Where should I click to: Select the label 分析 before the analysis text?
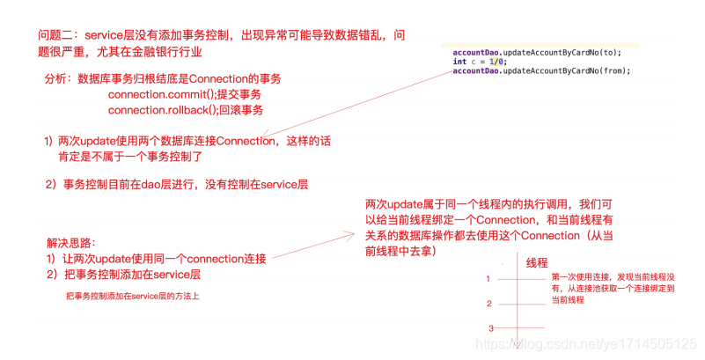[57, 78]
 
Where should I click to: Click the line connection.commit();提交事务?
[185, 94]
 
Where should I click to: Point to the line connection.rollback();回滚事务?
[185, 110]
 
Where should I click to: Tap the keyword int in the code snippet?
[459, 62]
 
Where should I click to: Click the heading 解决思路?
[71, 242]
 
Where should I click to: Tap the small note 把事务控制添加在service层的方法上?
[133, 296]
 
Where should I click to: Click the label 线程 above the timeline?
[537, 262]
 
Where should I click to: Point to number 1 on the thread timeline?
[488, 278]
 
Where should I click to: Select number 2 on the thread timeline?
[488, 304]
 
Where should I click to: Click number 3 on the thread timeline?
[489, 328]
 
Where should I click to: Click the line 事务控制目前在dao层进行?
[176, 184]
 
